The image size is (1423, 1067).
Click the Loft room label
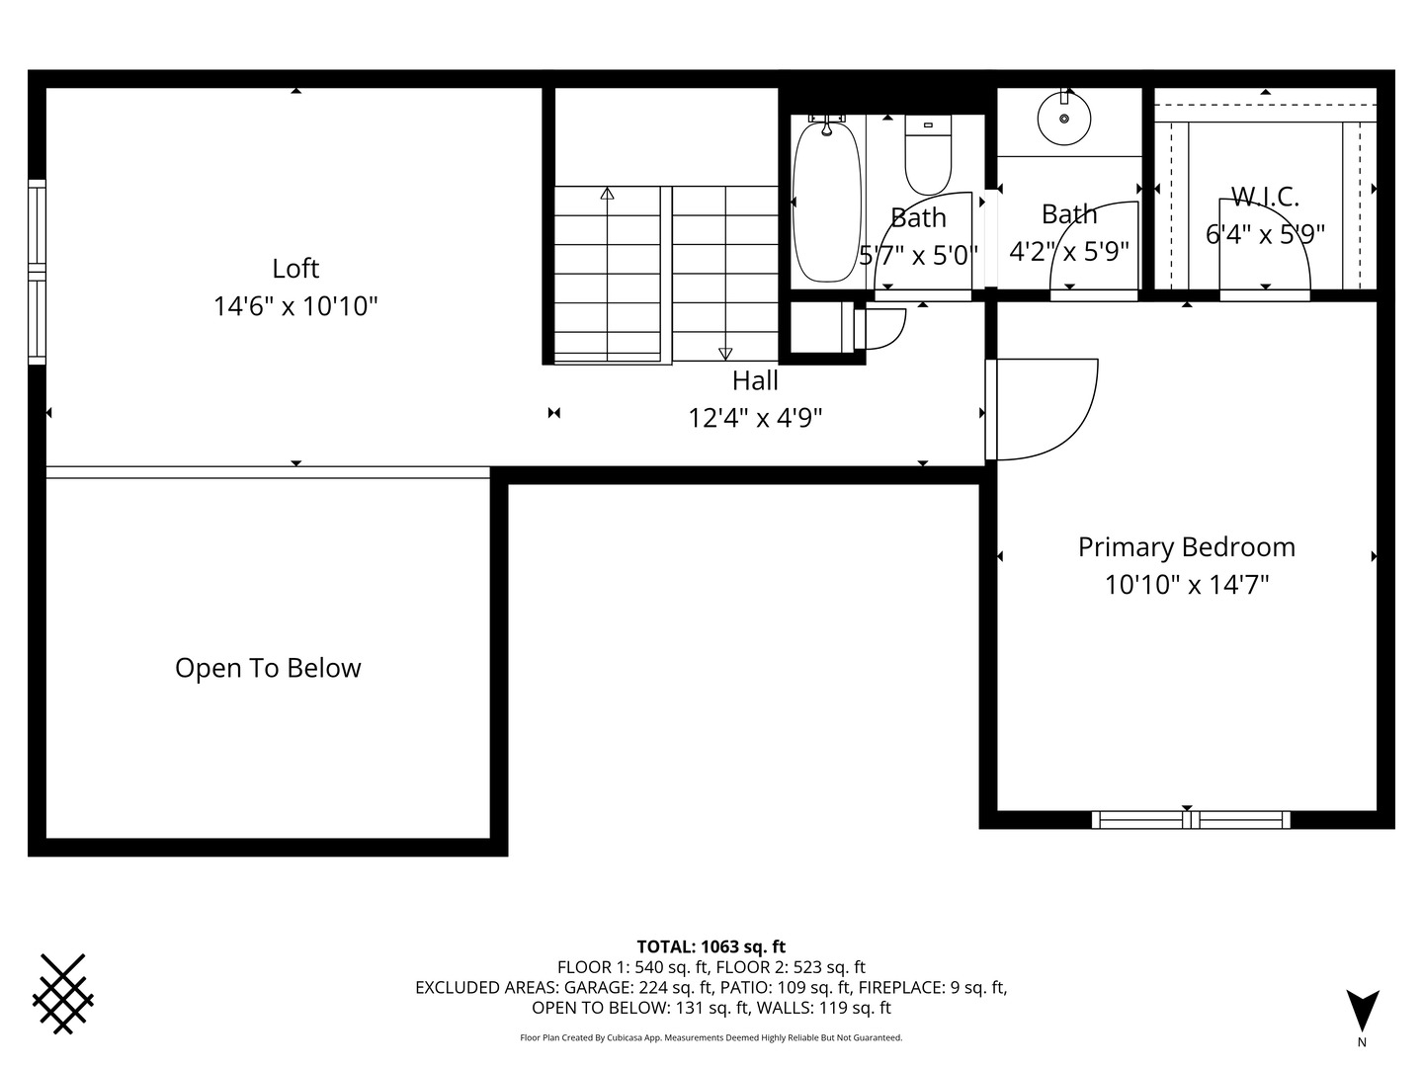294,268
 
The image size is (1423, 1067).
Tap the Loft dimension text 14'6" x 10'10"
294,306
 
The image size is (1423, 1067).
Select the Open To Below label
268,668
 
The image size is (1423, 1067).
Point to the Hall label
755,380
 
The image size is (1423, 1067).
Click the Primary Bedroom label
1187,547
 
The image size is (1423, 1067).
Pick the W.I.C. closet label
1265,197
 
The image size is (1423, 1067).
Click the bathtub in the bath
826,201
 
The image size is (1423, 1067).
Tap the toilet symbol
928,155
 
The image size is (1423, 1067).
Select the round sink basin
1064,119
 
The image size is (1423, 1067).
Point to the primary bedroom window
1191,820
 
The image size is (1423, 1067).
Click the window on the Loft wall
37,272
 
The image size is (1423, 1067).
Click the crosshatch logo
63,994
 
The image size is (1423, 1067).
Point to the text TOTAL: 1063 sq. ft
711,946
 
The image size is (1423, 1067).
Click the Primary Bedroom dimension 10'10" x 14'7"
1187,585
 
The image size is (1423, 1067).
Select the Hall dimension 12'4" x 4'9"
755,418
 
